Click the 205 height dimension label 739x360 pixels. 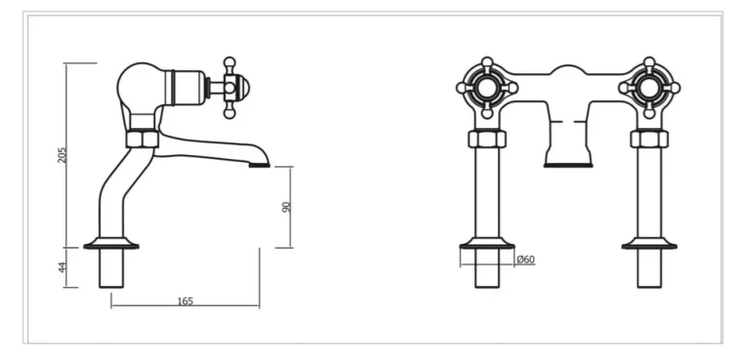[62, 155]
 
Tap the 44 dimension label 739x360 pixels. [62, 267]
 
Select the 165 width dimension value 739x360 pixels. [185, 300]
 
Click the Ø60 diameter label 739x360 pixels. [524, 259]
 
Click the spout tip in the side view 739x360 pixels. [259, 164]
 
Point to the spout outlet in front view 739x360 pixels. [567, 164]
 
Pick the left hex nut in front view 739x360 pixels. [486, 139]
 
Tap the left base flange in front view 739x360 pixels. [486, 244]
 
